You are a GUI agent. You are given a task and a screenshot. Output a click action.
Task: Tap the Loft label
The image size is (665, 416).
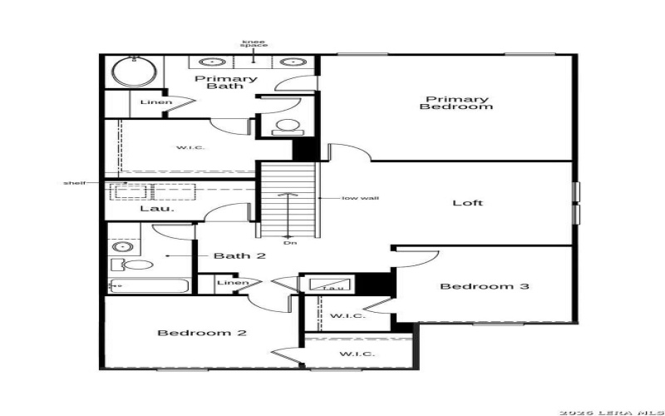coord(467,203)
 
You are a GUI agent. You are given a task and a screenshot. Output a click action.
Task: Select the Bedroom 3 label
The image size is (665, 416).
coord(484,287)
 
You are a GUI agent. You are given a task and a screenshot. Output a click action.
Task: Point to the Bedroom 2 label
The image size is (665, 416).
coord(202,333)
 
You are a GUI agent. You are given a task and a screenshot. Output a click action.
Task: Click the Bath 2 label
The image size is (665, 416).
coord(239,255)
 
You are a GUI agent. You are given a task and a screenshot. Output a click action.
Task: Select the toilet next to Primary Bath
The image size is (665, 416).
coord(287,126)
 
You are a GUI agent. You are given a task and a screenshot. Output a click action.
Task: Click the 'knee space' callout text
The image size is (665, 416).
coord(254,42)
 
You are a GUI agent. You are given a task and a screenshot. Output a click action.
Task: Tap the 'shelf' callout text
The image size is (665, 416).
coord(74,182)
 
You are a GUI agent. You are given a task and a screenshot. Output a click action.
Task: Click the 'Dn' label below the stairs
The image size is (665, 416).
coord(288,242)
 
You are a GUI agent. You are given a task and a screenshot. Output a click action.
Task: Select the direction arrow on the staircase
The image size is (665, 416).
coord(288,212)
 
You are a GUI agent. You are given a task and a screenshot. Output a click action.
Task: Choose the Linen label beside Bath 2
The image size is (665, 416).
coord(233,284)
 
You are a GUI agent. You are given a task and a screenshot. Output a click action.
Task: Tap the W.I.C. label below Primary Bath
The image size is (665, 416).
coord(190,148)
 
